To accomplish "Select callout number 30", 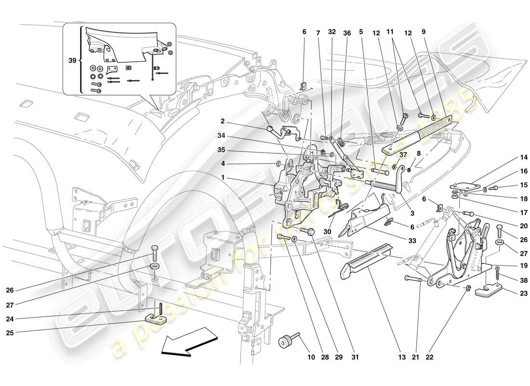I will (327, 231).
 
